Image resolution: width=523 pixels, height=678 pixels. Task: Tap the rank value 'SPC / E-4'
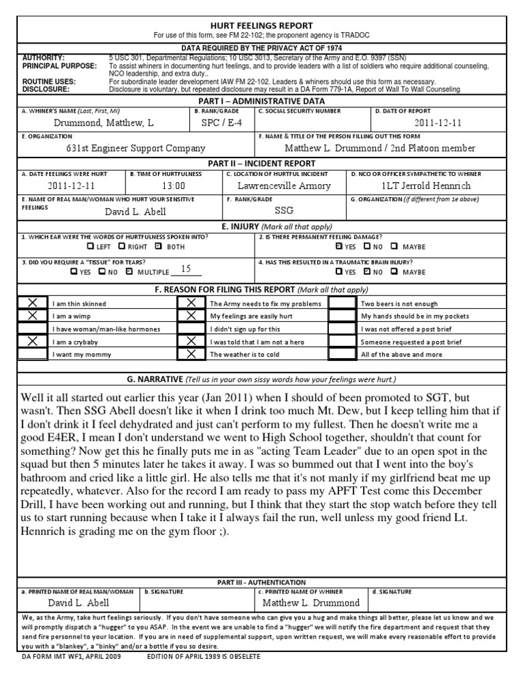pyautogui.click(x=222, y=123)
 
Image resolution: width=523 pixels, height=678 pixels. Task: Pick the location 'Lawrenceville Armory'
pyautogui.click(x=284, y=185)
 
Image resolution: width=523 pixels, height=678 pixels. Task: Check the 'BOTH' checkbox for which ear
pyautogui.click(x=159, y=246)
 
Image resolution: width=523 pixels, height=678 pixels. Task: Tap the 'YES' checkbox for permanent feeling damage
pyautogui.click(x=339, y=246)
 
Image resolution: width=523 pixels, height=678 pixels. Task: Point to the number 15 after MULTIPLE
pyautogui.click(x=186, y=269)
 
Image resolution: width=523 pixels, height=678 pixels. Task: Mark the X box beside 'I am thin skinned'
pyautogui.click(x=32, y=303)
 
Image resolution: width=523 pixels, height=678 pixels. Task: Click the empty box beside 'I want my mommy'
pyautogui.click(x=32, y=354)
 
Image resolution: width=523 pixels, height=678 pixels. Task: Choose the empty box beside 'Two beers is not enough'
pyautogui.click(x=343, y=303)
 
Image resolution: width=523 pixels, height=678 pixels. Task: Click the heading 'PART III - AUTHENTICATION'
pyautogui.click(x=261, y=582)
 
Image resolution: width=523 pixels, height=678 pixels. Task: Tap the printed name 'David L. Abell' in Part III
pyautogui.click(x=78, y=602)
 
